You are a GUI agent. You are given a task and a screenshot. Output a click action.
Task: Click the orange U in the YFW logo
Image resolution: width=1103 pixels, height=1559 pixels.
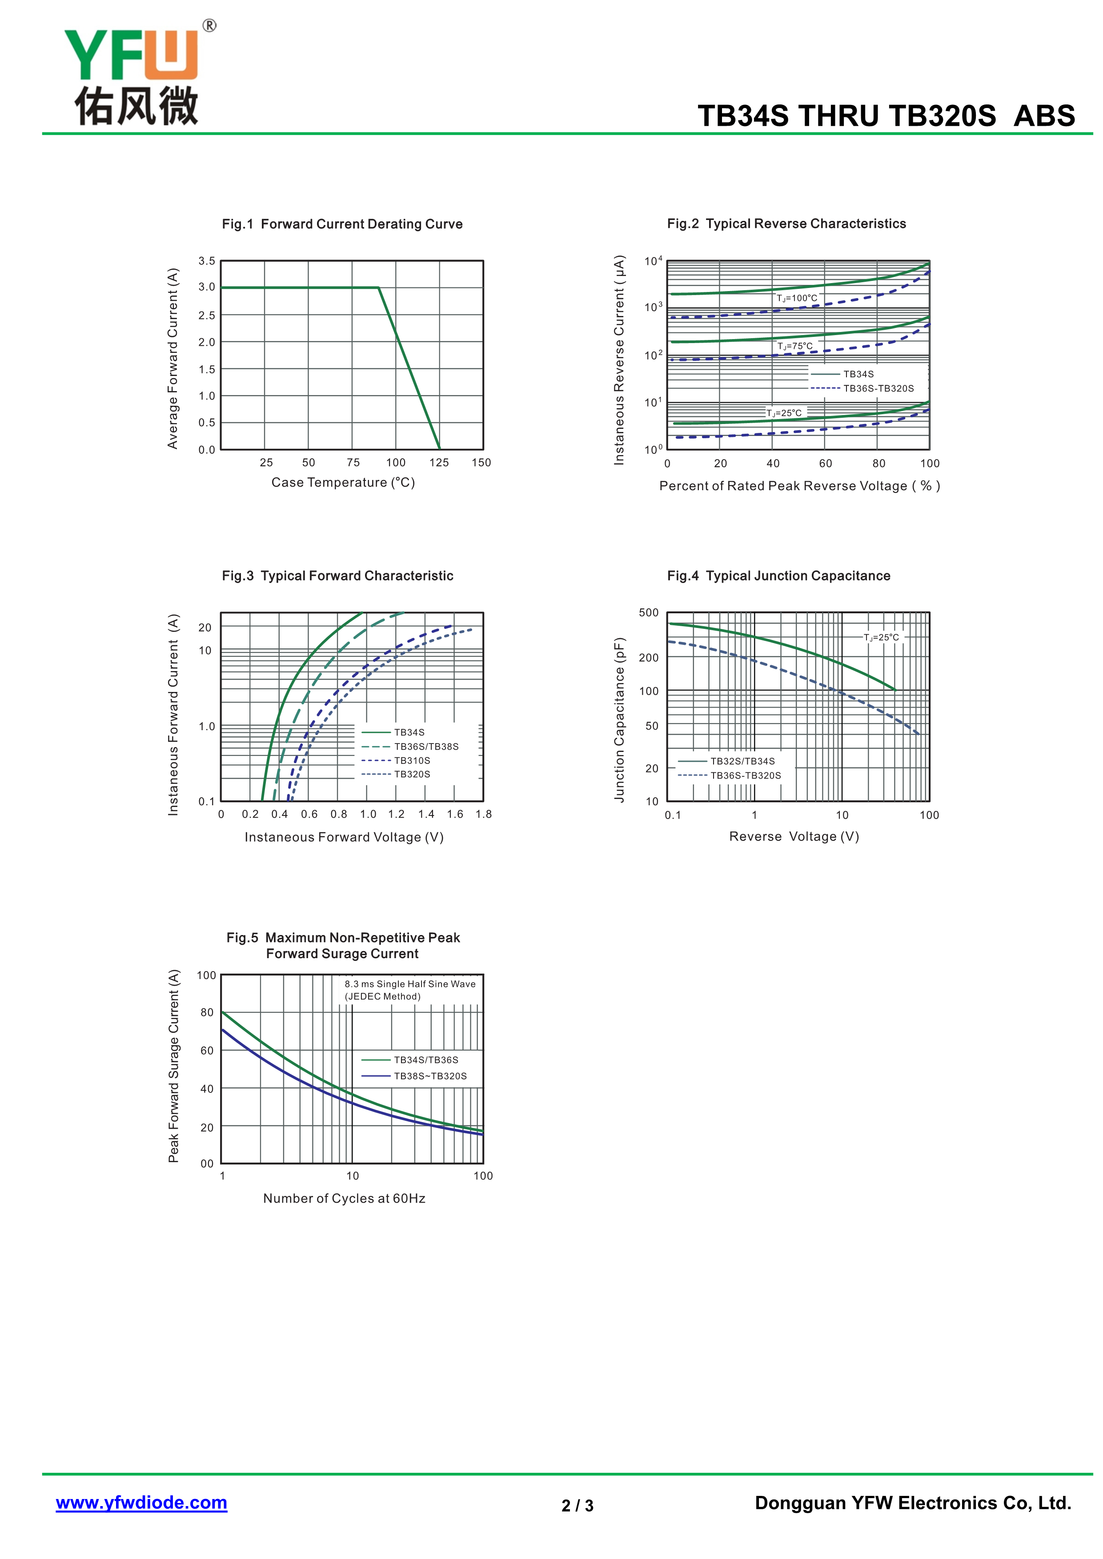coord(171,56)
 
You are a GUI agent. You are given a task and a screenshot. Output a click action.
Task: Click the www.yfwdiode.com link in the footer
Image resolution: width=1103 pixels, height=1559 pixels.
coord(141,1502)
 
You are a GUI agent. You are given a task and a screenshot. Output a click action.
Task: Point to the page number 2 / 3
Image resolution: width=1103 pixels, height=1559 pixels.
coord(578,1505)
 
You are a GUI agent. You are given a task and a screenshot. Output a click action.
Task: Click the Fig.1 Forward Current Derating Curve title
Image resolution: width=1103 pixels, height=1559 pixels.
coord(342,224)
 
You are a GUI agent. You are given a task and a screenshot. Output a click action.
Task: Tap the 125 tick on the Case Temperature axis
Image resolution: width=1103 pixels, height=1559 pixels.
coord(439,462)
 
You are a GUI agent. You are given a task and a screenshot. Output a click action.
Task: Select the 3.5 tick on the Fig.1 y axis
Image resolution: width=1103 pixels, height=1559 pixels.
coord(206,261)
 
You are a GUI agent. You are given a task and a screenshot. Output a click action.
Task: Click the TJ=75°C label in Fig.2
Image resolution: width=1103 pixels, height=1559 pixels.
coord(794,346)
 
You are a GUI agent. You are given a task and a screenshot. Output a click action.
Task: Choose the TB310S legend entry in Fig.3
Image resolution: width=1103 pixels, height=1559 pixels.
coord(412,760)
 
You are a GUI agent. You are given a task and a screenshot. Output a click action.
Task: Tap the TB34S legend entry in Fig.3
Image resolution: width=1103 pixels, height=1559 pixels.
coord(409,732)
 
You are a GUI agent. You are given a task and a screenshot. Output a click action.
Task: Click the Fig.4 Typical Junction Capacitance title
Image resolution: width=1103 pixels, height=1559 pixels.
coord(778,576)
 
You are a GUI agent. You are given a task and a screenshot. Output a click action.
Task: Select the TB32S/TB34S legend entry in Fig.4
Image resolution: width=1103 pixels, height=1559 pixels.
coord(742,761)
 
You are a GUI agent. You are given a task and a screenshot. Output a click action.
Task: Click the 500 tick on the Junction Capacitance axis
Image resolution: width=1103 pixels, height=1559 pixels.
coord(649,612)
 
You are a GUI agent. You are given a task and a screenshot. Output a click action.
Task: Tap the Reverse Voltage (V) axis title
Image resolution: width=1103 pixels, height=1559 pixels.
coord(794,836)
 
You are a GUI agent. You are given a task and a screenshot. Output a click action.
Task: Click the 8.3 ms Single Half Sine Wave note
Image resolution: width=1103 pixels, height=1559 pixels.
coord(409,984)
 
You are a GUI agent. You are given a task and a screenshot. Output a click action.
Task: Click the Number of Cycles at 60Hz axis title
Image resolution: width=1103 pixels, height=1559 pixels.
coord(345,1199)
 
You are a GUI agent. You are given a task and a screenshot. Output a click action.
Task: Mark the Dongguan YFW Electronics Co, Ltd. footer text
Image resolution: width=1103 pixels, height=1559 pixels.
coord(913,1503)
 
